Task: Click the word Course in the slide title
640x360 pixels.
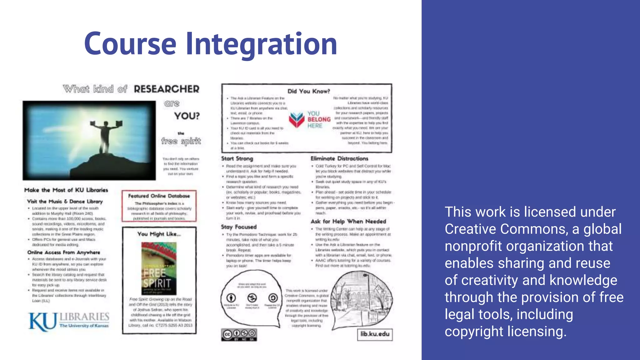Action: pyautogui.click(x=130, y=44)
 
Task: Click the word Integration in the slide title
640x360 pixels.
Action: pyautogui.click(x=262, y=44)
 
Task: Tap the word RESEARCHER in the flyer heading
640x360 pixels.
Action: pyautogui.click(x=167, y=89)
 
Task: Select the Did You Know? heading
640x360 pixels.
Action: pyautogui.click(x=308, y=91)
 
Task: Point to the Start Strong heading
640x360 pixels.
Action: pyautogui.click(x=237, y=159)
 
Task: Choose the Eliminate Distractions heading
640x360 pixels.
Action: pyautogui.click(x=339, y=159)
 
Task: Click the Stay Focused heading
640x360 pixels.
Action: pyautogui.click(x=239, y=227)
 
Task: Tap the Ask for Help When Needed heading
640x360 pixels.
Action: pyautogui.click(x=348, y=222)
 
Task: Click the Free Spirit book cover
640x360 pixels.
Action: pyautogui.click(x=159, y=269)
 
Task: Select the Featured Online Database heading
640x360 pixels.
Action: pyautogui.click(x=159, y=196)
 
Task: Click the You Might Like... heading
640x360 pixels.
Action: pyautogui.click(x=159, y=234)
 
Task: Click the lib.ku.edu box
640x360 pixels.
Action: pyautogui.click(x=375, y=334)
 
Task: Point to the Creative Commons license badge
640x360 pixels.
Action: pyautogui.click(x=239, y=334)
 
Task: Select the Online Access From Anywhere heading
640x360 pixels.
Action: pyautogui.click(x=64, y=252)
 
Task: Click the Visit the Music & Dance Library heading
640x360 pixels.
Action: pyautogui.click(x=65, y=202)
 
